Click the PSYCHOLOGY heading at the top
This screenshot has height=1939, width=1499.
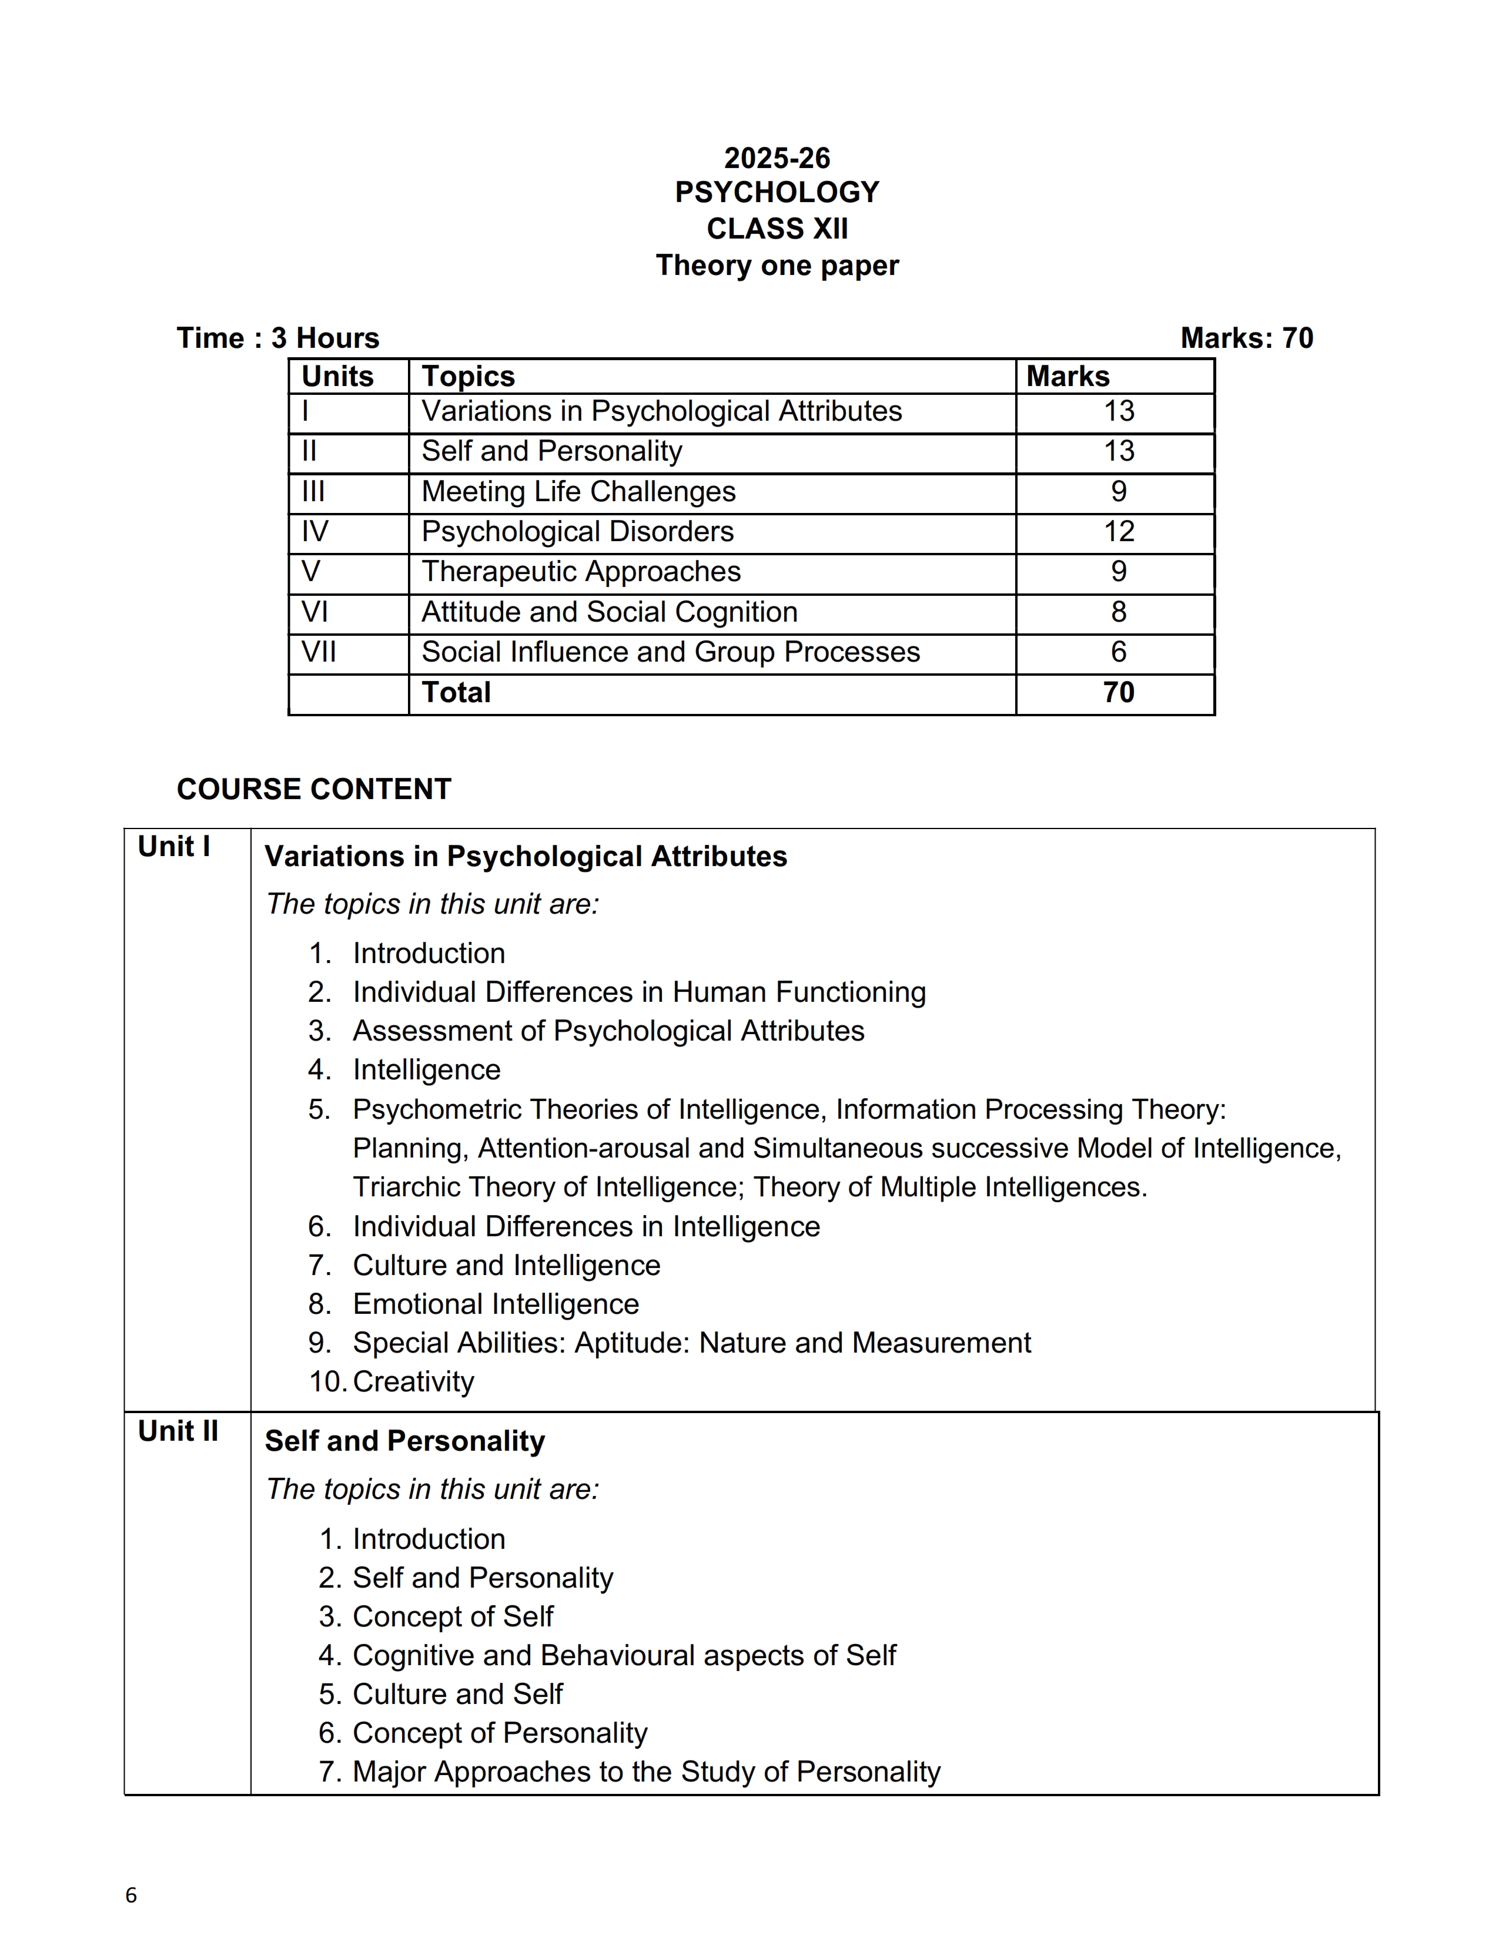(x=777, y=193)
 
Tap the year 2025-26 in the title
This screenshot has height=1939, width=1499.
(x=777, y=158)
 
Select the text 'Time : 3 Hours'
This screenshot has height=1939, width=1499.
(x=278, y=338)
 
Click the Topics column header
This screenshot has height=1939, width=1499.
(x=468, y=377)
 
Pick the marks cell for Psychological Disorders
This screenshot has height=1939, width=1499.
(x=1118, y=532)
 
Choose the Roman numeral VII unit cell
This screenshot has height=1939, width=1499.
(x=319, y=653)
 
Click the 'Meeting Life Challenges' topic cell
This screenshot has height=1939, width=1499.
(x=578, y=492)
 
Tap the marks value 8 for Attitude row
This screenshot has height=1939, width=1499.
(x=1118, y=612)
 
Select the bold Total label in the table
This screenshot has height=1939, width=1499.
(x=456, y=693)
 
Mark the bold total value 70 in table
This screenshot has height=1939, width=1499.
(x=1118, y=693)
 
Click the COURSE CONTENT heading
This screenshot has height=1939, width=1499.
(x=313, y=789)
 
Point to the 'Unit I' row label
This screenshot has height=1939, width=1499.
(x=174, y=847)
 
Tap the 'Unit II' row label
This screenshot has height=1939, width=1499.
(x=178, y=1431)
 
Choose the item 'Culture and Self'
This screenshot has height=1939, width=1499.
(x=457, y=1694)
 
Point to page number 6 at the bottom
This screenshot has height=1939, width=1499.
(x=132, y=1894)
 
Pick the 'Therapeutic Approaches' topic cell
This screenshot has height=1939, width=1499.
(x=581, y=572)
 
